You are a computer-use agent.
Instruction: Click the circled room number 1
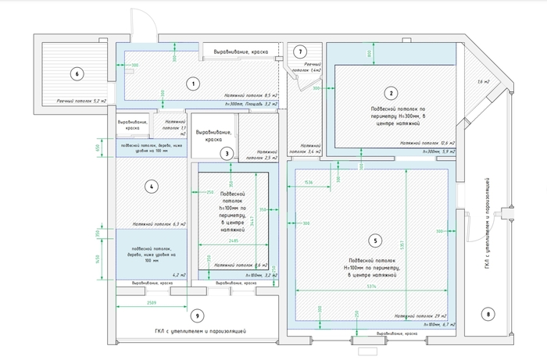tap(195, 82)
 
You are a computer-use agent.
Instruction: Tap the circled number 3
tap(227, 153)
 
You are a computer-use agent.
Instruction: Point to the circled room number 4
tap(153, 186)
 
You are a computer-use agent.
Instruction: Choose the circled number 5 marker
tap(376, 241)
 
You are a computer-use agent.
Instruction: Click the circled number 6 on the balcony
tap(76, 75)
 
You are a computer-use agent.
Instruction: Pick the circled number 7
tap(299, 52)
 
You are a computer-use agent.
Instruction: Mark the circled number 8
tap(490, 315)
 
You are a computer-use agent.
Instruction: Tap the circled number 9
tap(197, 315)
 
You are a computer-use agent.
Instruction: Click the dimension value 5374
tap(372, 287)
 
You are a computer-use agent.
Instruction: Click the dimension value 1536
tap(308, 182)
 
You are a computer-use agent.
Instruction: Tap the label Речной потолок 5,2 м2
tap(80, 101)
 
